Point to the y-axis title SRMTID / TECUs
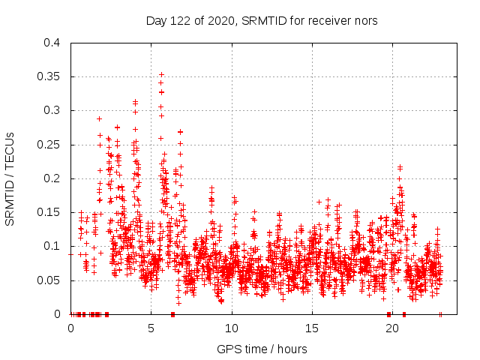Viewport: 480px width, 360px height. click(10, 178)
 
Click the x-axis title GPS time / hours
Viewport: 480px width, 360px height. click(262, 349)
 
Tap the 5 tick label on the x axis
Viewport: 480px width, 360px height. click(151, 328)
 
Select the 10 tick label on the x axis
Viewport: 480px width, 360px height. click(232, 328)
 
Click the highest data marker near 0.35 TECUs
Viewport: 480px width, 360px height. click(161, 75)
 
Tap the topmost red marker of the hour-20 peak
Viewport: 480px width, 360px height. click(400, 166)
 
